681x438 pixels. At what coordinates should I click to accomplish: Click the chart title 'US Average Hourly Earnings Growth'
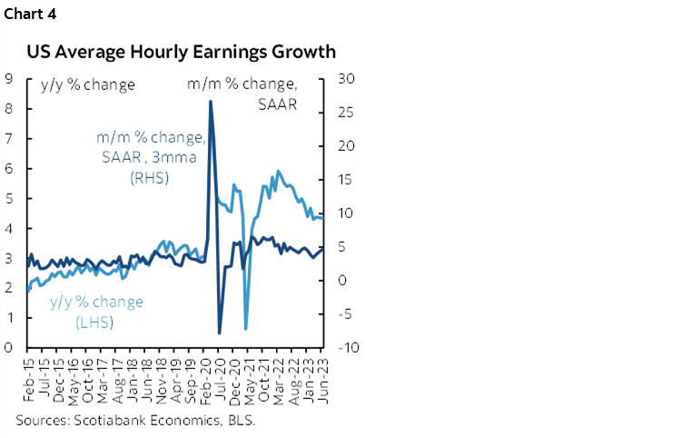[x=181, y=51]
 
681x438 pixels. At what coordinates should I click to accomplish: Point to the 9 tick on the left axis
[x=8, y=78]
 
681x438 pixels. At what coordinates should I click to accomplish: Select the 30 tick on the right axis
[x=345, y=78]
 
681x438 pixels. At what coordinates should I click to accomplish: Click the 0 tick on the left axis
[x=8, y=347]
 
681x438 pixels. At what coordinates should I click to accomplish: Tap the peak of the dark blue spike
[x=211, y=101]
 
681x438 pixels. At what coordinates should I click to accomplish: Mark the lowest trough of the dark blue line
[x=220, y=333]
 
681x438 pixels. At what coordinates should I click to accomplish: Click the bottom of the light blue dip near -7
[x=246, y=327]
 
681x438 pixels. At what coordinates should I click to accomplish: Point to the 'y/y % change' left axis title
[x=88, y=85]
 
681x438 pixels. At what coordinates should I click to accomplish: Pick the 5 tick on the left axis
[x=8, y=198]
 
